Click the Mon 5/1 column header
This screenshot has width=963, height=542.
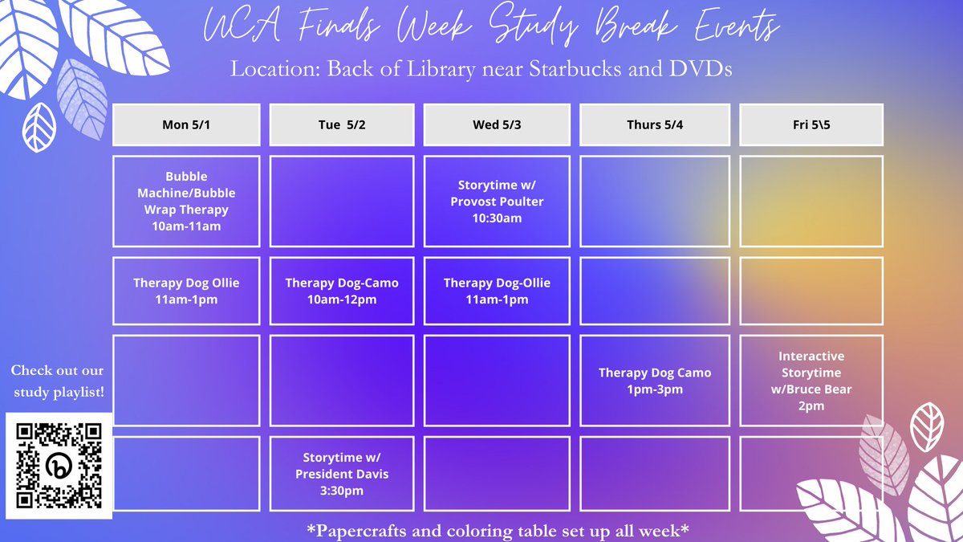click(186, 124)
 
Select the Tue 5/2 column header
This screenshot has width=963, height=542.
click(341, 124)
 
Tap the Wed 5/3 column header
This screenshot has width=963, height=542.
click(497, 124)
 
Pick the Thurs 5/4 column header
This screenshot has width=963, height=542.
click(655, 124)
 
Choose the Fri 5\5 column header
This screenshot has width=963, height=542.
click(811, 124)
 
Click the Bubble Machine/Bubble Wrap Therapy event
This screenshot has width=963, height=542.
click(186, 201)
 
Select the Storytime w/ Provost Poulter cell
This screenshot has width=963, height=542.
click(497, 201)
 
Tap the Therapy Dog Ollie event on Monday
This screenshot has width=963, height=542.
click(186, 291)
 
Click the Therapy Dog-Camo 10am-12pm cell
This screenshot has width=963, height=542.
click(341, 291)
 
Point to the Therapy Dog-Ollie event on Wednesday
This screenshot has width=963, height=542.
click(497, 291)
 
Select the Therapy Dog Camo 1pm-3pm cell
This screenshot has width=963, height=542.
click(655, 381)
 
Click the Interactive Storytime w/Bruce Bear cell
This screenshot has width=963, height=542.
click(811, 381)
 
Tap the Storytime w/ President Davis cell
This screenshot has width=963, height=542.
click(341, 474)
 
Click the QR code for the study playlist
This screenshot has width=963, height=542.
click(59, 466)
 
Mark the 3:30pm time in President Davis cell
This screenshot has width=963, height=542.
click(341, 491)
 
